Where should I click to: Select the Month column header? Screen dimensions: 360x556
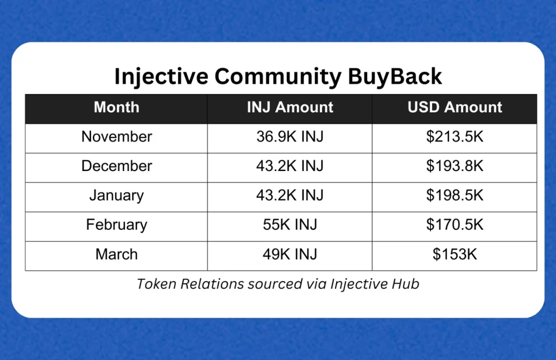tap(116, 108)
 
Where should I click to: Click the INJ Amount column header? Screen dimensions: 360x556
tap(290, 108)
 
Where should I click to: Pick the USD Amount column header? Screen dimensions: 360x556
tap(454, 108)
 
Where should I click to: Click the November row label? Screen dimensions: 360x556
tap(116, 137)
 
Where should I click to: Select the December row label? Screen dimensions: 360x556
tap(116, 166)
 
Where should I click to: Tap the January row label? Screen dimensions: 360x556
tap(116, 195)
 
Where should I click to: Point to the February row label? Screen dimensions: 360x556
tap(116, 225)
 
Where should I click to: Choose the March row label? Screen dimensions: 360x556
tap(116, 254)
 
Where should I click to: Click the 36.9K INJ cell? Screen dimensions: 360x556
tap(290, 137)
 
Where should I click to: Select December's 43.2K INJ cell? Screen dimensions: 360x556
tap(290, 166)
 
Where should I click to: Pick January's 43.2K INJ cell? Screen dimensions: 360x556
tap(290, 195)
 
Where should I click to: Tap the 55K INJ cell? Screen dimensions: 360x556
tap(290, 225)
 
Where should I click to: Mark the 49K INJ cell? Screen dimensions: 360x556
tap(290, 254)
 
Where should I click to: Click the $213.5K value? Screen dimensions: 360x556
tap(454, 137)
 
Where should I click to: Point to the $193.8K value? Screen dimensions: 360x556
tap(454, 166)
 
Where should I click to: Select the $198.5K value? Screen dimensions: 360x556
tap(454, 195)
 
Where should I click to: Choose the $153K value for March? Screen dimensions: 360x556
tap(454, 254)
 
